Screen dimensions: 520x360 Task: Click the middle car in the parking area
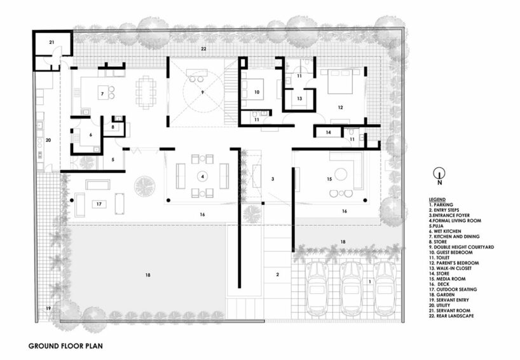point(352,289)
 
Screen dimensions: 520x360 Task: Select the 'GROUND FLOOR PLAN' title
point(65,346)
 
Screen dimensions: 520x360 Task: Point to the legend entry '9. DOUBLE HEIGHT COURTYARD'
point(462,247)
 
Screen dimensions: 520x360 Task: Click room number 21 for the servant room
point(51,42)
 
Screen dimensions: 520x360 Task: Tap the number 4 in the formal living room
point(202,177)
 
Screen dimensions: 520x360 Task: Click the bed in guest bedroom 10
point(253,89)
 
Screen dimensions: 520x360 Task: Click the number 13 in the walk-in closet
point(300,99)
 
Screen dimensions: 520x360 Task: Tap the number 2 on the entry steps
point(278,274)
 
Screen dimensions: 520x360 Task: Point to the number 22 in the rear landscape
point(203,49)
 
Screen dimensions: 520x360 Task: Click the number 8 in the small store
point(113,127)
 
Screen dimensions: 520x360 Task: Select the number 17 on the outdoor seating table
point(99,204)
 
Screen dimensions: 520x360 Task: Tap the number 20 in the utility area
point(48,141)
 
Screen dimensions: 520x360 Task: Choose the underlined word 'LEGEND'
point(437,200)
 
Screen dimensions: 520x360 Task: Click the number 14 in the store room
point(328,132)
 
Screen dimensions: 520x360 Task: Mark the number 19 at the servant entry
point(48,308)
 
